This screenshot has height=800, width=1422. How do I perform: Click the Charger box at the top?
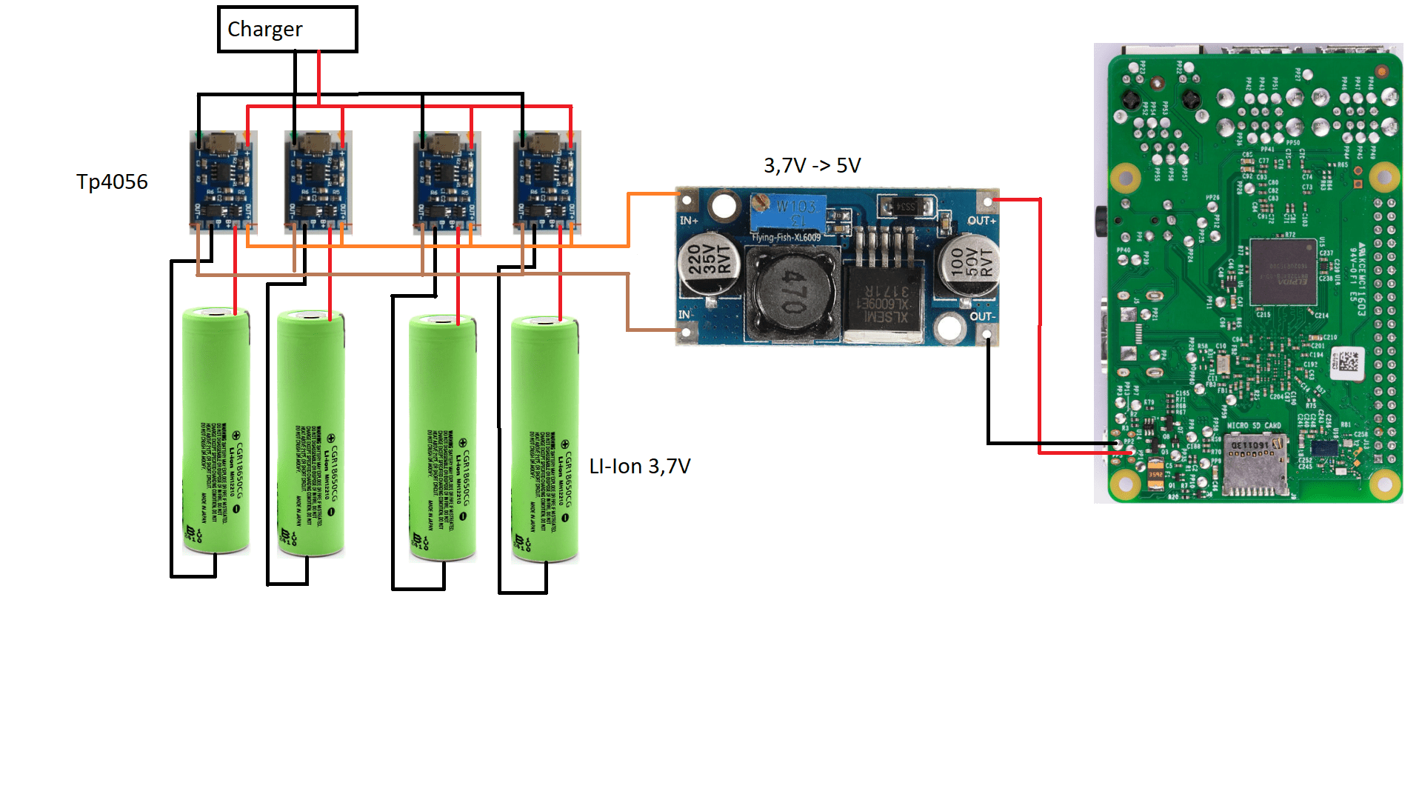pos(287,30)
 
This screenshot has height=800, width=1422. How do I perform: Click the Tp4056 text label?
pos(112,182)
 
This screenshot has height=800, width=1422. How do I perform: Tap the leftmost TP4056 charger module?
pos(223,181)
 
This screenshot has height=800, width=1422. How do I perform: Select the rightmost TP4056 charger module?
pos(547,181)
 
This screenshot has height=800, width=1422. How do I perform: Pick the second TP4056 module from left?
pos(318,181)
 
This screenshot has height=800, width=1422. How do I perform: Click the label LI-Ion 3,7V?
pos(640,467)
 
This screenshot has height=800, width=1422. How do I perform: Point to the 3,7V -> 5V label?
pos(812,166)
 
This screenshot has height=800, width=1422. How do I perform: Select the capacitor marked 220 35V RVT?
pos(710,264)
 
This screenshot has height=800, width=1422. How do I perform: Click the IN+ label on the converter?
pos(689,221)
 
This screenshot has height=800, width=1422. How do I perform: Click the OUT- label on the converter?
pos(982,316)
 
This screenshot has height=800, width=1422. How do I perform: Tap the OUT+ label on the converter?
pos(981,221)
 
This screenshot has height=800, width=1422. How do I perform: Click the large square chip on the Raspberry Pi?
pos(1284,272)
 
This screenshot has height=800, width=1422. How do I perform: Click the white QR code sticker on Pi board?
pos(1348,362)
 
